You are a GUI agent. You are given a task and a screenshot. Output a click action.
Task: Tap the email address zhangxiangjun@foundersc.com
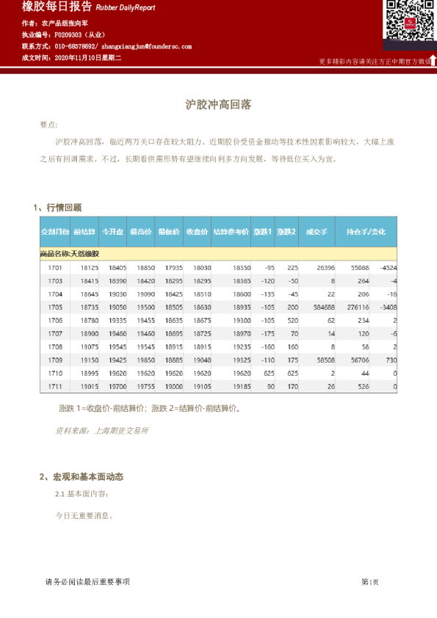coord(146,46)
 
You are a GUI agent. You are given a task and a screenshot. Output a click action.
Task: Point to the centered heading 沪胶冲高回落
coord(218,105)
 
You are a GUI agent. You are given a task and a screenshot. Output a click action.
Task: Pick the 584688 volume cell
coord(323,308)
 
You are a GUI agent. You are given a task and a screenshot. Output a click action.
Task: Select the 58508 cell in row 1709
coord(324,360)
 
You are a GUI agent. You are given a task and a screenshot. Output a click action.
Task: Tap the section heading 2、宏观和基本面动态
coord(82,477)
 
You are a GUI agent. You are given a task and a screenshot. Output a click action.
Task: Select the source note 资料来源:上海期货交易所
coord(102,431)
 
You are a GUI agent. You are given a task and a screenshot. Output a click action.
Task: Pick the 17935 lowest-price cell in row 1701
coord(173,268)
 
